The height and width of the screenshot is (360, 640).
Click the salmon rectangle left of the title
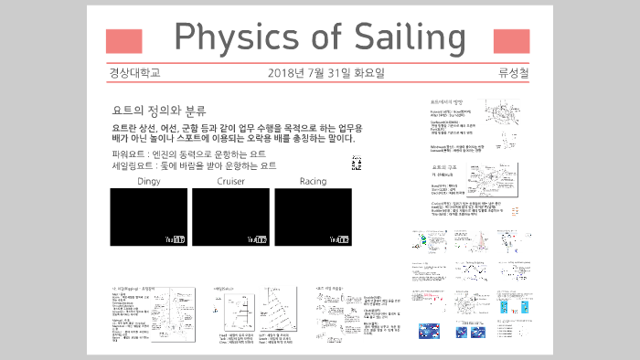[124, 41]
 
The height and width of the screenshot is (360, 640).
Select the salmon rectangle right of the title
[511, 41]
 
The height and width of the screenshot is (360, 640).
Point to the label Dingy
[148, 182]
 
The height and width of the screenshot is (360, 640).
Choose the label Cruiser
[230, 182]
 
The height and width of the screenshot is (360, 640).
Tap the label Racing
[313, 182]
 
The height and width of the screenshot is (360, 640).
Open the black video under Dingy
[148, 216]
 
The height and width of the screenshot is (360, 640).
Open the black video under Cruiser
[230, 216]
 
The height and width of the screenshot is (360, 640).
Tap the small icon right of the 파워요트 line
[356, 162]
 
